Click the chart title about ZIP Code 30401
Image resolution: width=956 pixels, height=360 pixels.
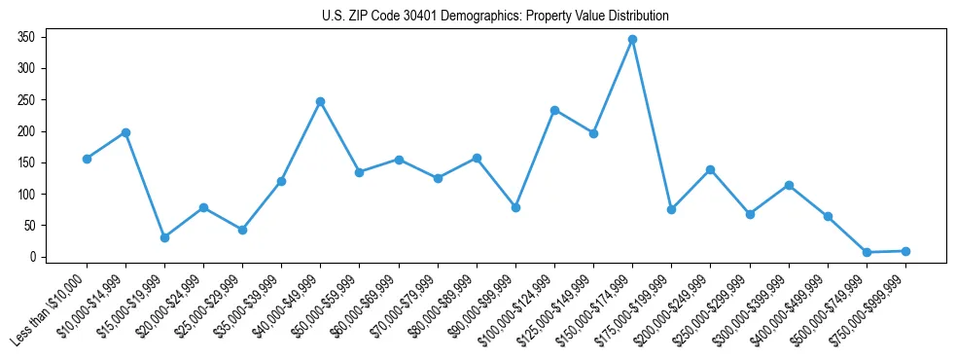[x=495, y=16]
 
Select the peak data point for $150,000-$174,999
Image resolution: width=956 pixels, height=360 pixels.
[x=632, y=40]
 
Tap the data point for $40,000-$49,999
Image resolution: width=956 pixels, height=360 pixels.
[x=320, y=101]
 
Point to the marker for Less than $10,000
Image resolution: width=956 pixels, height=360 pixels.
[x=87, y=159]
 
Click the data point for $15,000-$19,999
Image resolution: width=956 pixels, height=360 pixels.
[x=164, y=237]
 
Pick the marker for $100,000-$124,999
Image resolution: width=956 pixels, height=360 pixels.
[x=554, y=110]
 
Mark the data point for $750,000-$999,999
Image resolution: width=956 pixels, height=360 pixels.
[x=905, y=251]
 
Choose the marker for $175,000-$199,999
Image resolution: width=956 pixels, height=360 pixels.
[x=671, y=209]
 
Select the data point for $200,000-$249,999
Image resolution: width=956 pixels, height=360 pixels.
[x=711, y=169]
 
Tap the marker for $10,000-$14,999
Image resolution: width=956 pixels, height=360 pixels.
[x=125, y=132]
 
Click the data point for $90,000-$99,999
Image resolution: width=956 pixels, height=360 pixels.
[x=515, y=207]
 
